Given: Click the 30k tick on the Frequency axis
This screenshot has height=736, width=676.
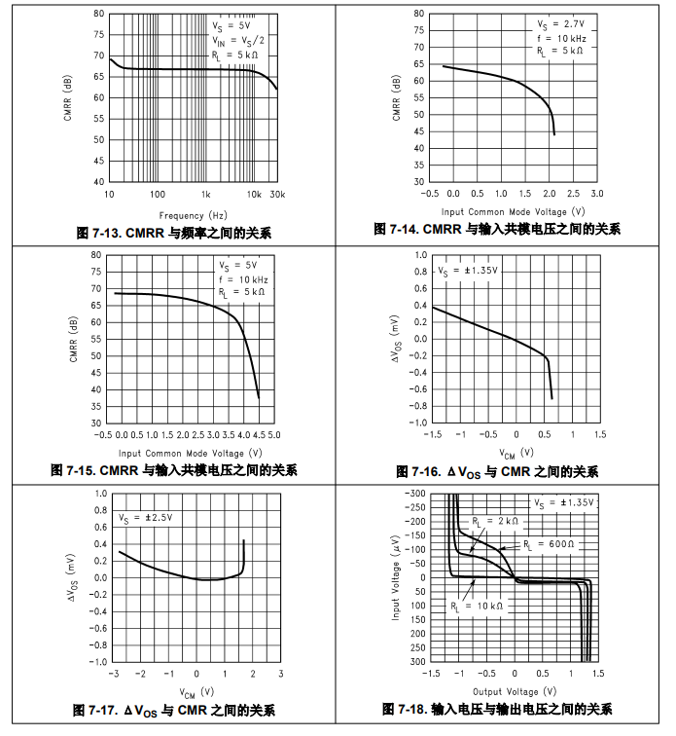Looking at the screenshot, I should (x=276, y=195).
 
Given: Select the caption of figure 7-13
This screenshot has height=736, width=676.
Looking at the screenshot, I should (x=174, y=233).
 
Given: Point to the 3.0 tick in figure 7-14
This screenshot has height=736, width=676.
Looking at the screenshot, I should (x=596, y=194).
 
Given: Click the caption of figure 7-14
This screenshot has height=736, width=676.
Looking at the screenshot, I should (x=497, y=230).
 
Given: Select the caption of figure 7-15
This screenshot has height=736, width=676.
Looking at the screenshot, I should (x=174, y=470).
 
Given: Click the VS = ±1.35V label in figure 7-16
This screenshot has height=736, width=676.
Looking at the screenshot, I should (x=467, y=271).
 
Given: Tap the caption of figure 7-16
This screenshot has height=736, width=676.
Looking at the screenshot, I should (x=497, y=472).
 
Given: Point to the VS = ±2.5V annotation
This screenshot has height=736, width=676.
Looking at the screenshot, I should (x=147, y=518).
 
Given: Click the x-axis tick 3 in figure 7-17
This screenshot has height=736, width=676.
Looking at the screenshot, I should (x=280, y=674).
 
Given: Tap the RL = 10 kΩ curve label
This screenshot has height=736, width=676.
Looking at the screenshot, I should (x=477, y=606).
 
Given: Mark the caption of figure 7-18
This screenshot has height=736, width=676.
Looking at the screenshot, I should (x=497, y=709).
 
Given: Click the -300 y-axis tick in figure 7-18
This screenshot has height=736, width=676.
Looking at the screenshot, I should (x=414, y=494).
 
